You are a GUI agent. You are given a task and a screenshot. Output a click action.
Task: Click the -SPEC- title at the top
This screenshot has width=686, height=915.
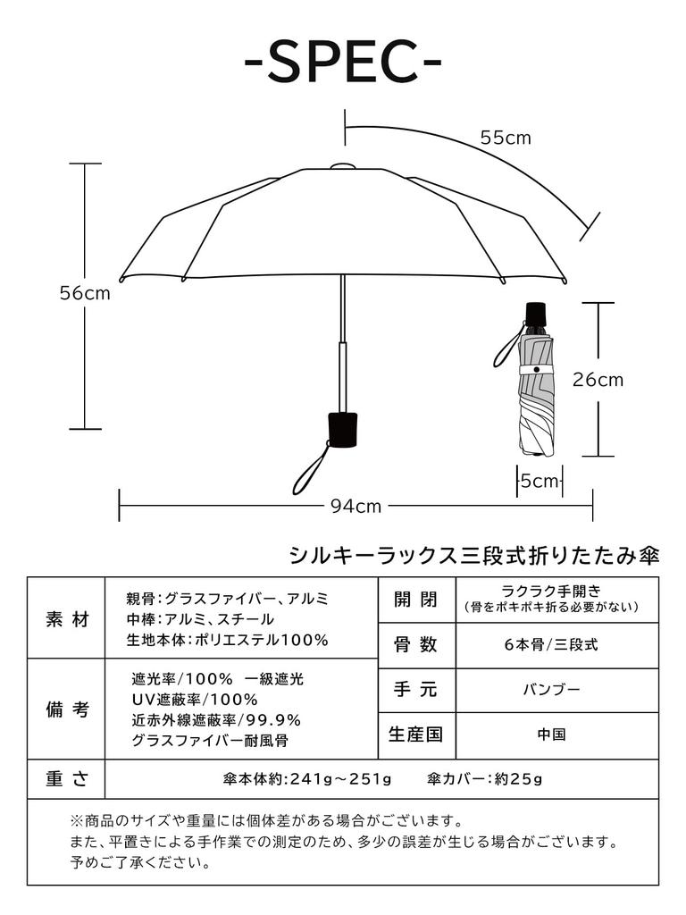coord(343,61)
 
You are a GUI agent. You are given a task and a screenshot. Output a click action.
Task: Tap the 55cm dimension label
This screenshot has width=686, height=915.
coord(506,138)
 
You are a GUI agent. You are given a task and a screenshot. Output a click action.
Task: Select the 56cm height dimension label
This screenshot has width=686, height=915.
coord(85,293)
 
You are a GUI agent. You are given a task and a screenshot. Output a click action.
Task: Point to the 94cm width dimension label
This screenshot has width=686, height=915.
coord(356,507)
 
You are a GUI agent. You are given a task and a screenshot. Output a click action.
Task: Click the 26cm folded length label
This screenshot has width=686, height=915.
coord(598,380)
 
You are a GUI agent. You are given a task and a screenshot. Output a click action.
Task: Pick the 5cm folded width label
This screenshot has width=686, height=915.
coord(540,481)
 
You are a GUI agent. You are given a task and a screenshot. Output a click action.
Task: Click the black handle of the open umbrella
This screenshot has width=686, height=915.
coord(342,430)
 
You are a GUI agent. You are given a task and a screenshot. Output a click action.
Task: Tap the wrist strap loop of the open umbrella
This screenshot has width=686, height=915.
coord(310,469)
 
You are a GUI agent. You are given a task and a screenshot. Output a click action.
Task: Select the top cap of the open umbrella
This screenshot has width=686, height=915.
coord(343,166)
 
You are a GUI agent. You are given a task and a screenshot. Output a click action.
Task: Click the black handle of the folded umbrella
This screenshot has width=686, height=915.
coord(536,315)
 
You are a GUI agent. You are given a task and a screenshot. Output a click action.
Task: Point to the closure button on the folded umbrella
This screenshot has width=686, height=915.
coord(536,370)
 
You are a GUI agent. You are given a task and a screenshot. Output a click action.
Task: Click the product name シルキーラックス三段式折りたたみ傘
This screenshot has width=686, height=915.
coord(474,556)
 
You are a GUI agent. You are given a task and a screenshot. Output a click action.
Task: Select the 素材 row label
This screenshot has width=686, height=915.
coord(66,619)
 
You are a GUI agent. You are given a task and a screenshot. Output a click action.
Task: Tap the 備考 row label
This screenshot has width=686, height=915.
coord(66,709)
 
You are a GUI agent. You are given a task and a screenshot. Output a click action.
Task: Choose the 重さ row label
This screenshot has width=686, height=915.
coord(66,779)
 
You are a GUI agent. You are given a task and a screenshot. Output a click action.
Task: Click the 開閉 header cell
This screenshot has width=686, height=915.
coord(416,600)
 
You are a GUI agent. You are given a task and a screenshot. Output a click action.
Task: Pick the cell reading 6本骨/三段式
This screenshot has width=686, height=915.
coord(551,645)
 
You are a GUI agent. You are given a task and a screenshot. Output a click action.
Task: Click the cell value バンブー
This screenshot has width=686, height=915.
coord(551,690)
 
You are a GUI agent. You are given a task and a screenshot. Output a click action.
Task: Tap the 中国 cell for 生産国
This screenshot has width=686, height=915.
coord(551,735)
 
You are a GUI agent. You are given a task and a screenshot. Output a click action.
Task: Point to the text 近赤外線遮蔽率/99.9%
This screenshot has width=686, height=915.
coord(216,720)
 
